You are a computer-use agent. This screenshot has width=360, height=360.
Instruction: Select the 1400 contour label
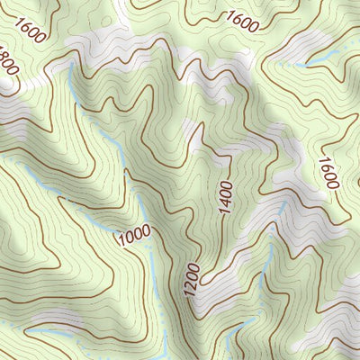(225, 195)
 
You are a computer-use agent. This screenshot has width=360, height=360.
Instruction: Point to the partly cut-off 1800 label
(8, 62)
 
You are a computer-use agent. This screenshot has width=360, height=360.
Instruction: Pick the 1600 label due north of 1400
(242, 17)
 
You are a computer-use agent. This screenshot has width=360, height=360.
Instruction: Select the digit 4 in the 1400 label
(225, 201)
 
